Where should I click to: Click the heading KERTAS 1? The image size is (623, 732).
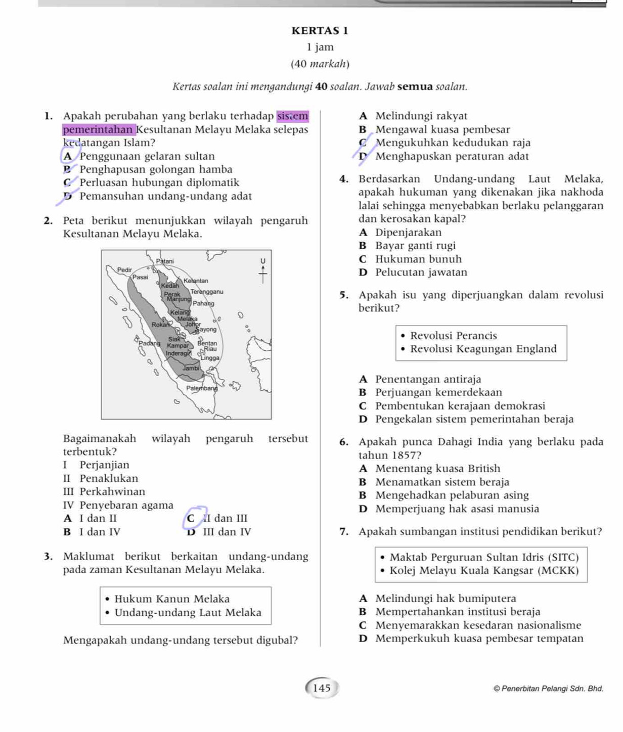320,31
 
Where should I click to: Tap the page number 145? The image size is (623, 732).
322,688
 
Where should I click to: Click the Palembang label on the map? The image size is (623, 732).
202,388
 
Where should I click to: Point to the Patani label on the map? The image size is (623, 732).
164,261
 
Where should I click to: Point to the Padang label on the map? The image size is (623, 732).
149,343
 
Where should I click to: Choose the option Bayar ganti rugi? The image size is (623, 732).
415,246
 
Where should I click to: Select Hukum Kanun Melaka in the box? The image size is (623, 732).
172,599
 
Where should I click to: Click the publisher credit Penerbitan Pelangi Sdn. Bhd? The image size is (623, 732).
548,689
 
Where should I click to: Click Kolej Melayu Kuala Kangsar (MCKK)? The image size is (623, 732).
484,571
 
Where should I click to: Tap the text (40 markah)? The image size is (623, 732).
320,64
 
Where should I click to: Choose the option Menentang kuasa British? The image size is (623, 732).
437,469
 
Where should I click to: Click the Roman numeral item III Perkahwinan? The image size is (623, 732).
104,491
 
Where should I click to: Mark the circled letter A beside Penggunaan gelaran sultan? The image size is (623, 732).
68,156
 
